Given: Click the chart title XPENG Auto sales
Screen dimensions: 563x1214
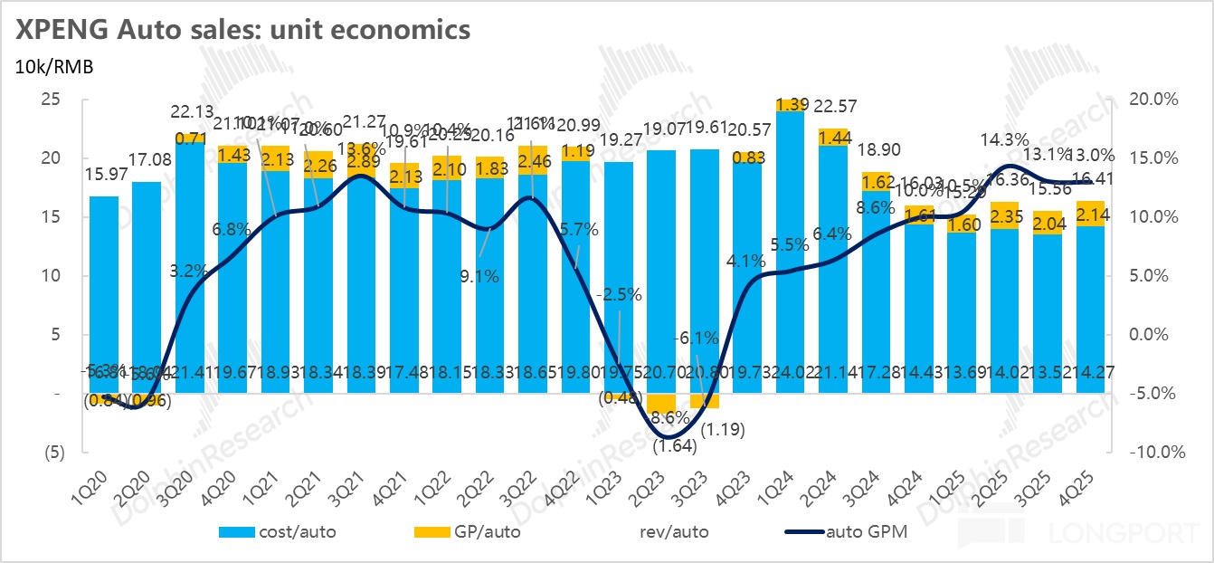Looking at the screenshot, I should point(240,29).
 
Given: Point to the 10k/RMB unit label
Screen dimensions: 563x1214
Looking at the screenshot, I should point(52,66).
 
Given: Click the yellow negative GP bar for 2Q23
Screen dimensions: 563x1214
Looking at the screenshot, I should point(662,403).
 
